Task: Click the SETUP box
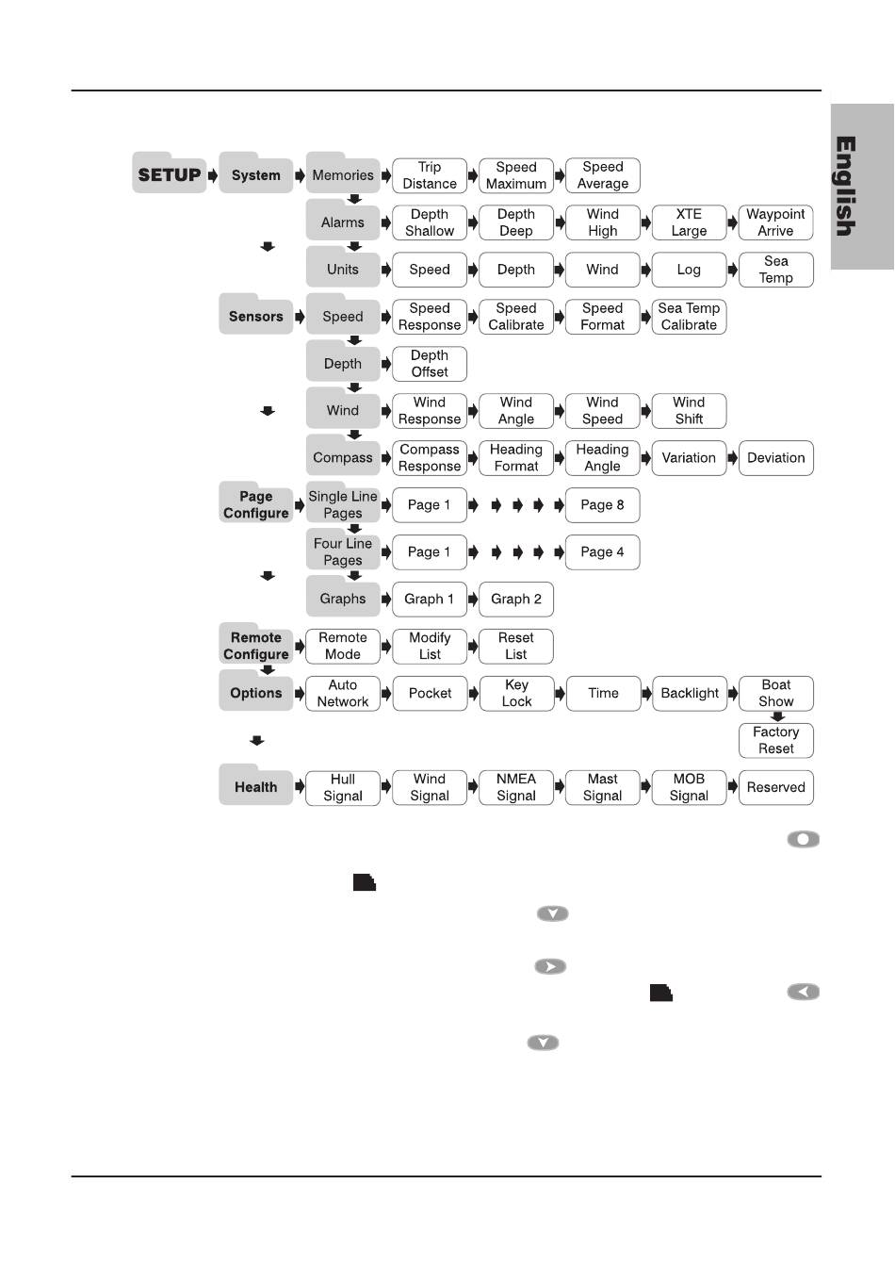coord(170,175)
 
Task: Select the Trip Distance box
coord(430,175)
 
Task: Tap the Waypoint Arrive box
coord(775,222)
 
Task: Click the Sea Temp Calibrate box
coord(689,317)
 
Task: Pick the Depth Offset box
coord(430,364)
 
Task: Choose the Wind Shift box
coord(689,411)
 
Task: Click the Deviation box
coord(775,458)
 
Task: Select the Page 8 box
coord(602,505)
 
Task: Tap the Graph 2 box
coord(516,600)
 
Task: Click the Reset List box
coord(516,647)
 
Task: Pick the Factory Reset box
coord(775,741)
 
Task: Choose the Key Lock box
coord(516,694)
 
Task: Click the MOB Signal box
coord(689,788)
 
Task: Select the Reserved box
coord(775,788)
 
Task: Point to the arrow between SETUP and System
coord(213,175)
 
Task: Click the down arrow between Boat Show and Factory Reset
coord(777,716)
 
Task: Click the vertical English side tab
coord(861,187)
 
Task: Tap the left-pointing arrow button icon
coord(804,992)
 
